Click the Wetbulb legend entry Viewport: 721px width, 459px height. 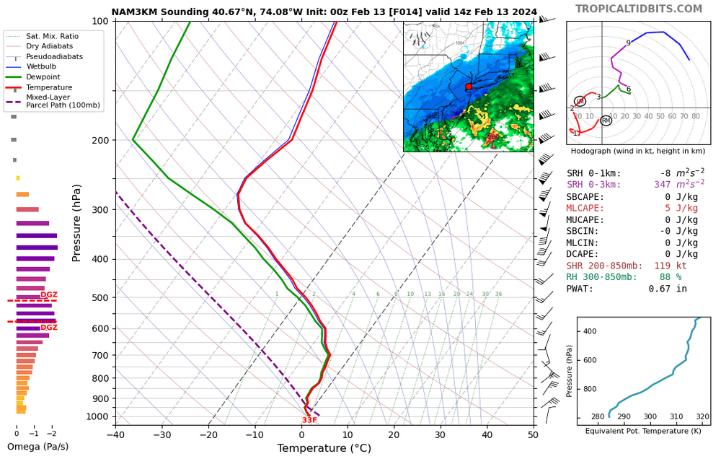point(43,66)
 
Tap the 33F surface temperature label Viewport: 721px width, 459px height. point(309,420)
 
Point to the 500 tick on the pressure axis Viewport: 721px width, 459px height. point(99,297)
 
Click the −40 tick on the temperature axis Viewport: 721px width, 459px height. point(115,434)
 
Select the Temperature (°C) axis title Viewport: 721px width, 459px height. point(324,448)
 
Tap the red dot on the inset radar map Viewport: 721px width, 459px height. point(468,87)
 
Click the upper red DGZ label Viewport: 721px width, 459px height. point(49,294)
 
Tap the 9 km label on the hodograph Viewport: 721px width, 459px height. point(628,43)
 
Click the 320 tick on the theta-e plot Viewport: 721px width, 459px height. point(702,417)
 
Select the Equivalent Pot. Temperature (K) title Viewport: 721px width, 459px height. point(644,431)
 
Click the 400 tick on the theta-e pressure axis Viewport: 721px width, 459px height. point(589,331)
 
